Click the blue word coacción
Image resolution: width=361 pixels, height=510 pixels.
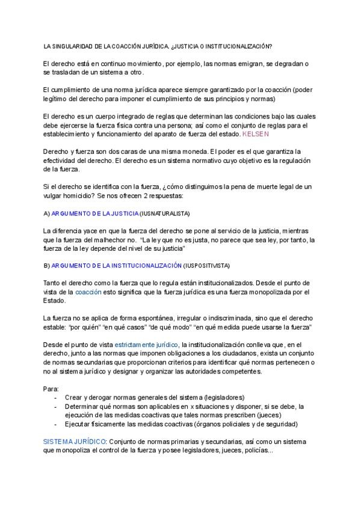(88, 292)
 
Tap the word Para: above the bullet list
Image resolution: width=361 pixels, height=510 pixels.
(51, 388)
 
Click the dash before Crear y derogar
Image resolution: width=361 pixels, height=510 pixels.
(55, 397)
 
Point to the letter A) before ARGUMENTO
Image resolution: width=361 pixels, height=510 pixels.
(47, 214)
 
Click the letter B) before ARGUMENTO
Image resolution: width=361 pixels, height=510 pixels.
(47, 265)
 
